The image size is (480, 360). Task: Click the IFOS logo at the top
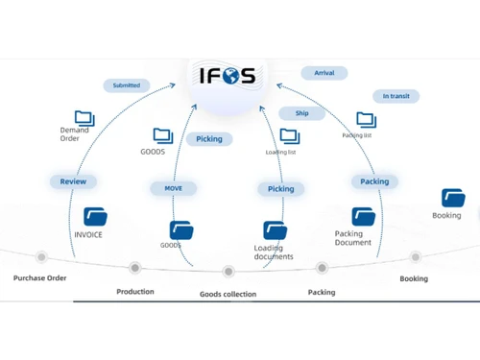[228, 74]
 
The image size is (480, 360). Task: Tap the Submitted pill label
[126, 85]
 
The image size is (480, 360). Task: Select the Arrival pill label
[324, 73]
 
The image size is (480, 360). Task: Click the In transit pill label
[396, 96]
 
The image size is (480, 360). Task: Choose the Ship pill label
[301, 113]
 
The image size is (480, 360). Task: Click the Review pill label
[73, 181]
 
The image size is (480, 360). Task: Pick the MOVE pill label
[173, 188]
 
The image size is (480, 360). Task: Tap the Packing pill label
[374, 181]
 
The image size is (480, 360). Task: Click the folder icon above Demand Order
[84, 119]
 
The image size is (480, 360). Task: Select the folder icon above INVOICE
[95, 217]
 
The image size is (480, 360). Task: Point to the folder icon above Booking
[453, 198]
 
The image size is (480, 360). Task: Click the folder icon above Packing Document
[363, 217]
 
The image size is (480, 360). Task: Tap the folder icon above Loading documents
[276, 230]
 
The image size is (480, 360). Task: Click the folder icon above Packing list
[366, 120]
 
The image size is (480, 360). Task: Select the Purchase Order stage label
[39, 277]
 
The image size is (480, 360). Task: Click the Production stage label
[135, 291]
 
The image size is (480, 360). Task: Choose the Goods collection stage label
[228, 294]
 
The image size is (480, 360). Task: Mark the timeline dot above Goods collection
[228, 272]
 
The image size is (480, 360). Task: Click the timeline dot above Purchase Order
[41, 256]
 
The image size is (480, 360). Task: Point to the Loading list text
[280, 152]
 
